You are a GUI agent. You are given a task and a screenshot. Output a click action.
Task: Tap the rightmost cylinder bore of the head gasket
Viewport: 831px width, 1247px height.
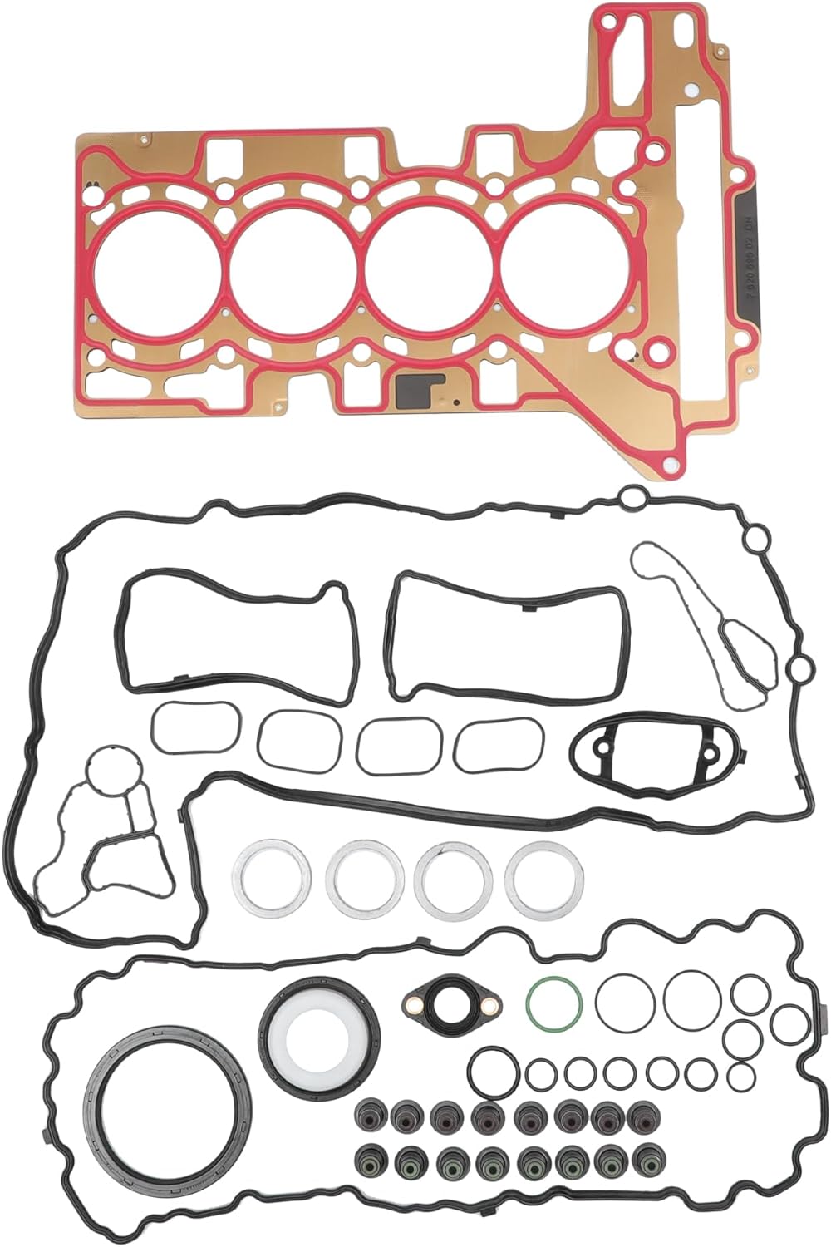(565, 264)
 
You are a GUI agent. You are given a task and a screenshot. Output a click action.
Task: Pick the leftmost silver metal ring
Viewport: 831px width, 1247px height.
(268, 878)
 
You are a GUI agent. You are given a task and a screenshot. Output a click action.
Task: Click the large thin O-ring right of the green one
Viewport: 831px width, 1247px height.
(626, 1003)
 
